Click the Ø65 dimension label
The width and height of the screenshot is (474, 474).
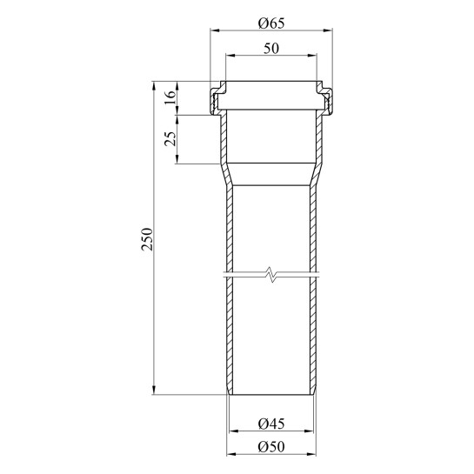click(x=271, y=23)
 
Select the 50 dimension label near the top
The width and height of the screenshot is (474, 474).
click(x=271, y=49)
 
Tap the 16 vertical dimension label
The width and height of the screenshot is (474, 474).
click(x=170, y=97)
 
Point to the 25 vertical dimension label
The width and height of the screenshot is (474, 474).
click(x=170, y=139)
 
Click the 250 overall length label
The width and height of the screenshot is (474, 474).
click(x=147, y=239)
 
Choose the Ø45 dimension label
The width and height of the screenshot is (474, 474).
click(x=271, y=424)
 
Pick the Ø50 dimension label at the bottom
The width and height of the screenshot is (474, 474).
click(x=271, y=447)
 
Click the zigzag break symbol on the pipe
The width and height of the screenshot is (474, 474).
click(x=271, y=274)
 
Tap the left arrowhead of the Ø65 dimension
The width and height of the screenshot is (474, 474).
click(x=215, y=30)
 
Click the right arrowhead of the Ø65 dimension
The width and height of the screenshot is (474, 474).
click(x=328, y=30)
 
